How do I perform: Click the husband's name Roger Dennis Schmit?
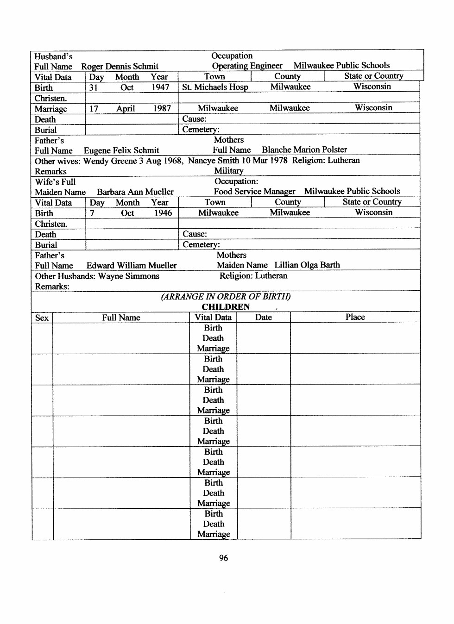pyautogui.click(x=120, y=67)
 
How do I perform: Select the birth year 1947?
pyautogui.click(x=160, y=87)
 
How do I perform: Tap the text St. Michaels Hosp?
pyautogui.click(x=215, y=87)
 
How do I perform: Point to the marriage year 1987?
pyautogui.click(x=162, y=109)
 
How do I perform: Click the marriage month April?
pyautogui.click(x=126, y=109)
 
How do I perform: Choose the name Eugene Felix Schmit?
pyautogui.click(x=121, y=150)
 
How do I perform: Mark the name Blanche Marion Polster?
pyautogui.click(x=304, y=150)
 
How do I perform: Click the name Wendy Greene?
pyautogui.click(x=110, y=161)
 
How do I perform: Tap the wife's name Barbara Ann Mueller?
pyautogui.click(x=135, y=192)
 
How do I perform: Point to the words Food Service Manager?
pyautogui.click(x=254, y=192)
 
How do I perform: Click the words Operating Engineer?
pyautogui.click(x=247, y=66)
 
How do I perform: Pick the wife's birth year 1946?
pyautogui.click(x=163, y=213)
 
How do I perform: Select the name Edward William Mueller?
pyautogui.click(x=132, y=266)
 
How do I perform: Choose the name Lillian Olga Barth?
pyautogui.click(x=307, y=265)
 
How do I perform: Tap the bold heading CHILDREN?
pyautogui.click(x=226, y=307)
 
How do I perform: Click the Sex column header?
pyautogui.click(x=42, y=318)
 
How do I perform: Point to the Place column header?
pyautogui.click(x=355, y=317)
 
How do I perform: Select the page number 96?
pyautogui.click(x=223, y=558)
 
